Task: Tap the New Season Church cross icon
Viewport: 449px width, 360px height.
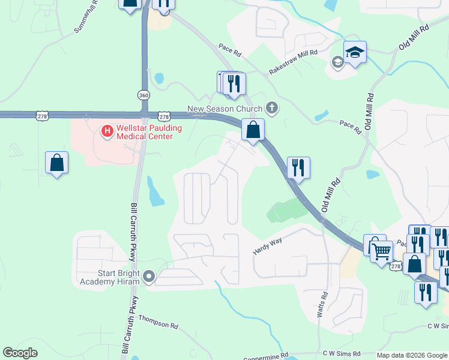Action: click(272, 108)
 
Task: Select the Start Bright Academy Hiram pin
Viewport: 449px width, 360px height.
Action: click(149, 277)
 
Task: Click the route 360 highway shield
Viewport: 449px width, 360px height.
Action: click(143, 95)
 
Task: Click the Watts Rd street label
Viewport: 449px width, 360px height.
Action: click(323, 305)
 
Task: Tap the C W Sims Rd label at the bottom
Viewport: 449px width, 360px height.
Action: click(341, 354)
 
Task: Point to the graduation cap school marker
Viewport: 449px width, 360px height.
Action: click(355, 52)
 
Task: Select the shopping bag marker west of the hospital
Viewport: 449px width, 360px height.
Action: click(56, 162)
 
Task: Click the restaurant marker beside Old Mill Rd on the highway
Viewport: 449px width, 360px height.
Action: click(298, 167)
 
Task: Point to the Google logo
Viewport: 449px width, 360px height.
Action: click(20, 353)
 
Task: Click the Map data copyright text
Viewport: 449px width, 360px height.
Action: click(412, 355)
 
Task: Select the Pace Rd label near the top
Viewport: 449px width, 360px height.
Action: click(230, 50)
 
